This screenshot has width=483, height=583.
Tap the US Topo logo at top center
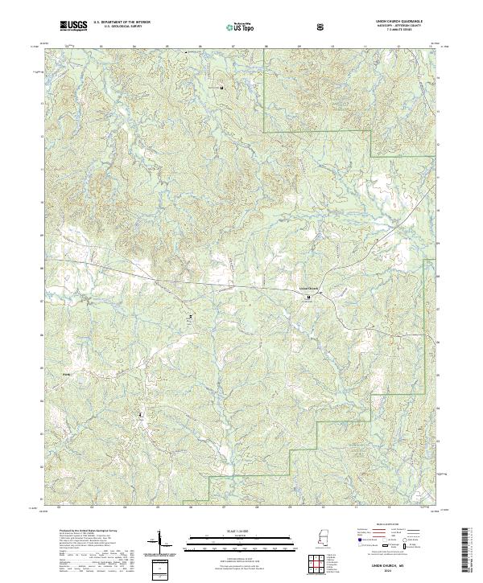tap(237, 27)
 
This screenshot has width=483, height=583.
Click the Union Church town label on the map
tap(309, 289)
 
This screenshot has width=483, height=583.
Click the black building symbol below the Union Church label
tap(307, 297)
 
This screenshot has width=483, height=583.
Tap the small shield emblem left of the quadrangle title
tap(320, 27)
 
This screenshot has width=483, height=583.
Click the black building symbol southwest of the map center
tap(191, 318)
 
